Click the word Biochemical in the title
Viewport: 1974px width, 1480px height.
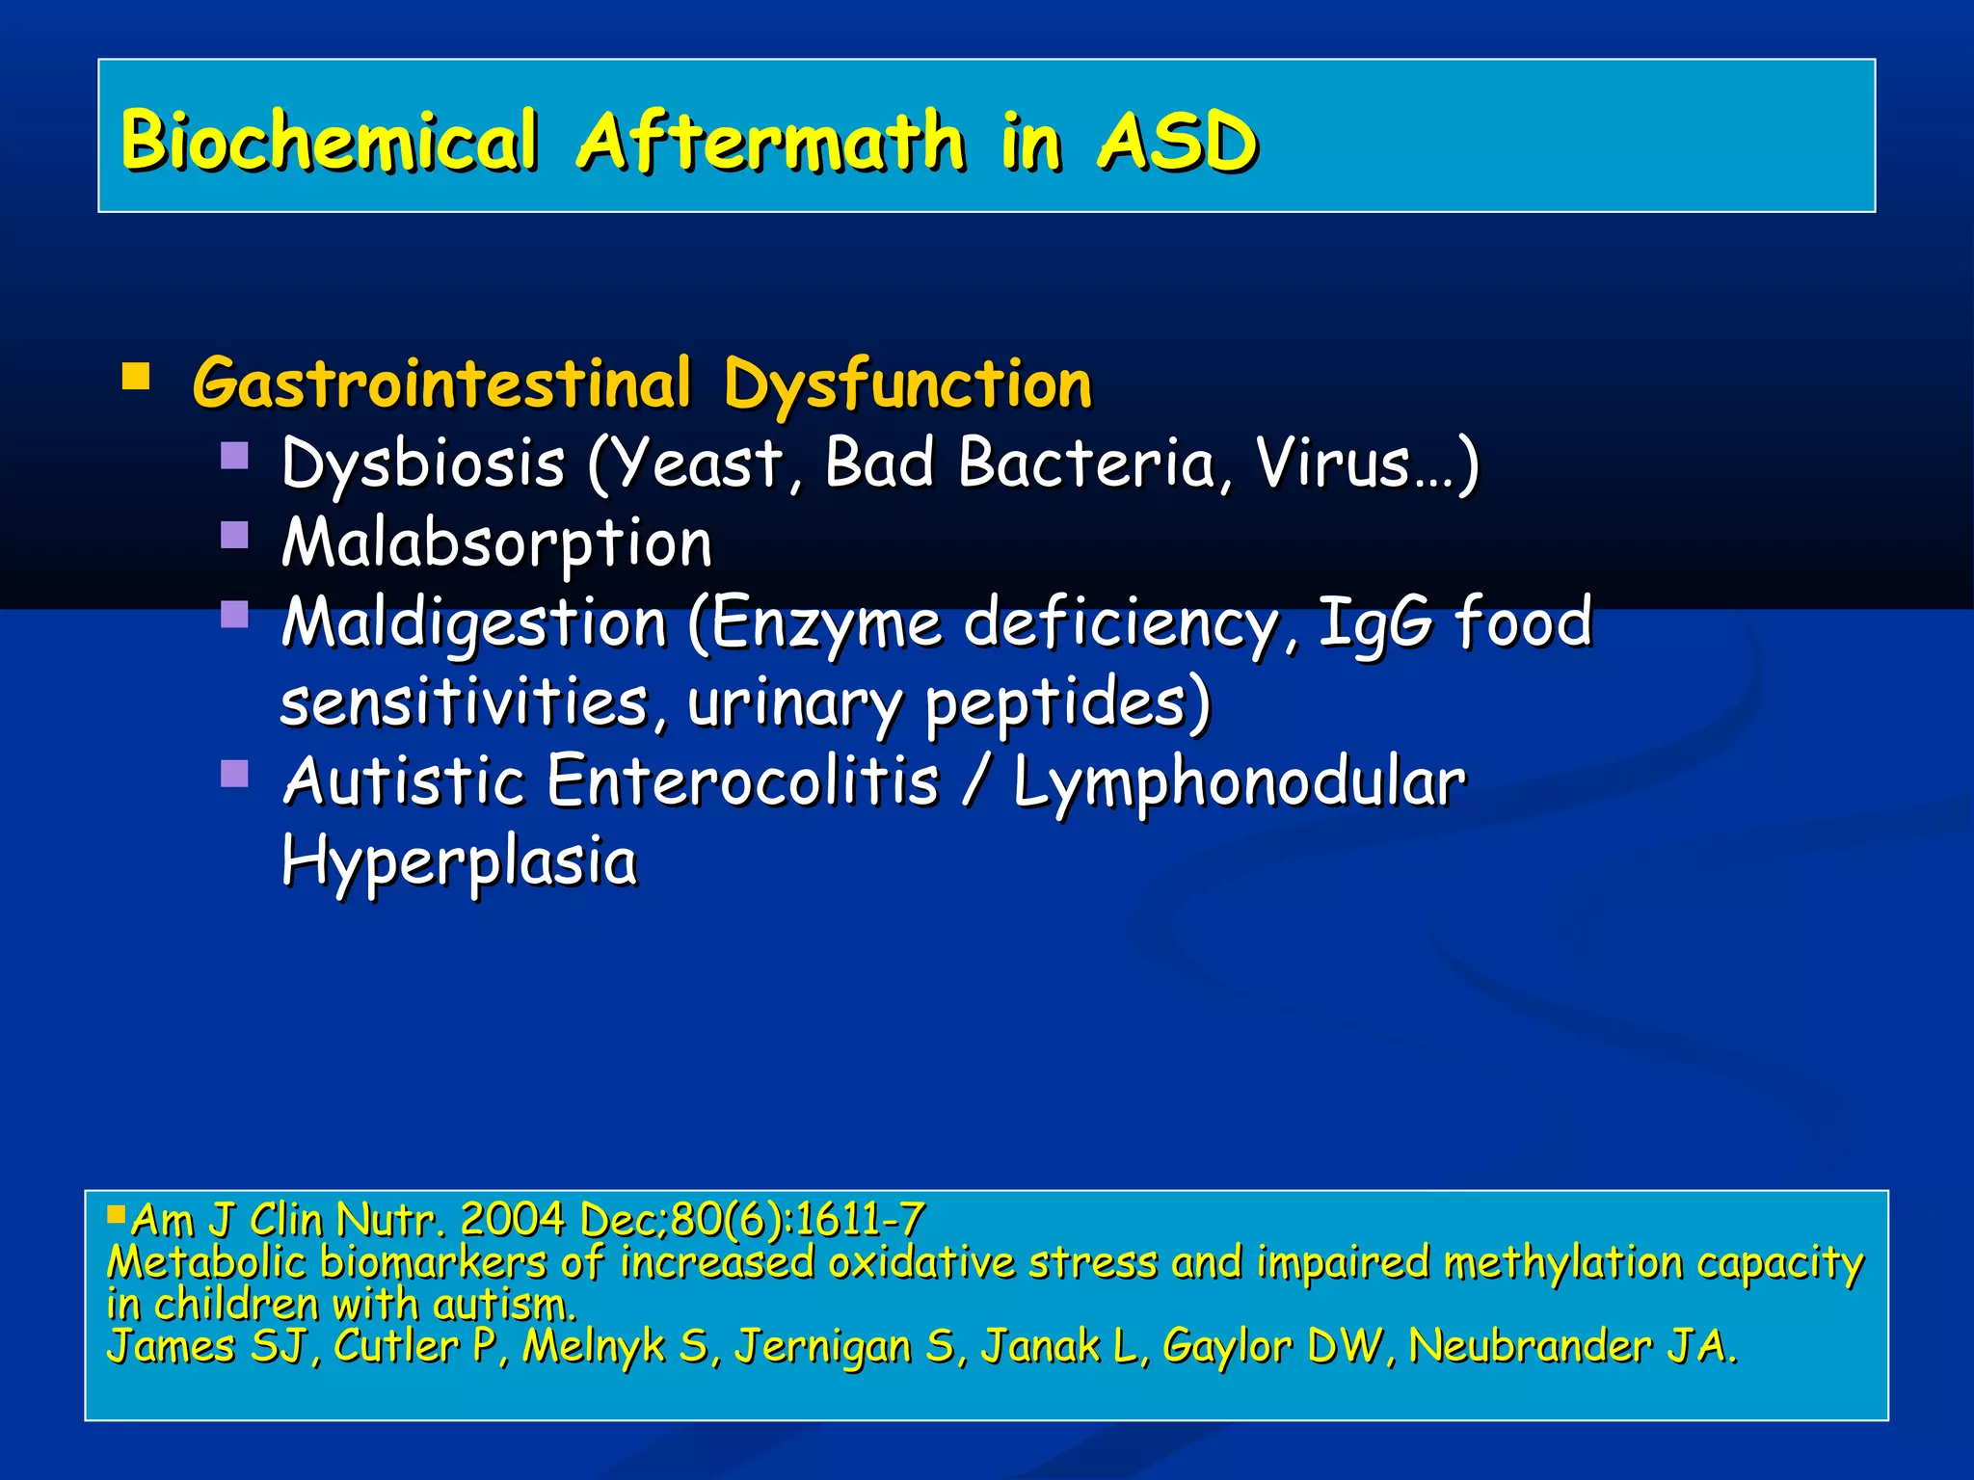(328, 141)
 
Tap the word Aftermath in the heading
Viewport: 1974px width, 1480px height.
(771, 141)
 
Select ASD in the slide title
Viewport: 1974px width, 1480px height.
(1177, 141)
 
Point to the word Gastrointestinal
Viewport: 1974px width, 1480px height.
(442, 383)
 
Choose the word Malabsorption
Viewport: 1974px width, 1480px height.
(496, 544)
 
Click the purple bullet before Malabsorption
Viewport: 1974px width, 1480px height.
(234, 534)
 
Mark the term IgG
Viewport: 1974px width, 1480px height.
(1374, 622)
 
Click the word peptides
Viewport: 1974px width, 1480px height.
(1066, 703)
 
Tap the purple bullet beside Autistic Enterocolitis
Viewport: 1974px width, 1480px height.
(234, 773)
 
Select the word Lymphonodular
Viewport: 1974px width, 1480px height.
(1239, 781)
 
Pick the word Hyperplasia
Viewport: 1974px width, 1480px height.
(459, 860)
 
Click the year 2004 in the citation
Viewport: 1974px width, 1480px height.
(512, 1220)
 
